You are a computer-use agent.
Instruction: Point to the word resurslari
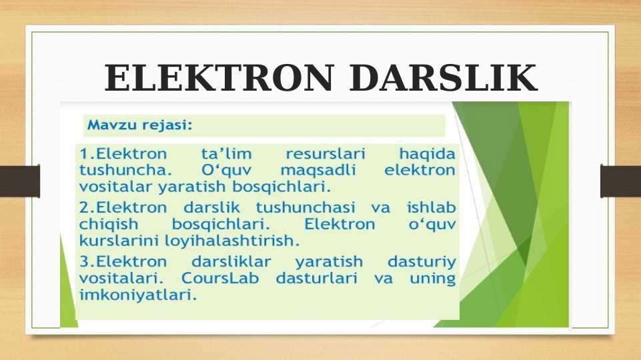pyautogui.click(x=322, y=153)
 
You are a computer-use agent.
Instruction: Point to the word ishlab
pyautogui.click(x=431, y=208)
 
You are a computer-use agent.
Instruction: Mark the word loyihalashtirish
pyautogui.click(x=229, y=239)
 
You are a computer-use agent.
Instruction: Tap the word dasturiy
pyautogui.click(x=422, y=262)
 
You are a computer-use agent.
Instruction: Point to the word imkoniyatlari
pyautogui.click(x=138, y=293)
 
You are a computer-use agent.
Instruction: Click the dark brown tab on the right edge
pyautogui.click(x=620, y=181)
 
